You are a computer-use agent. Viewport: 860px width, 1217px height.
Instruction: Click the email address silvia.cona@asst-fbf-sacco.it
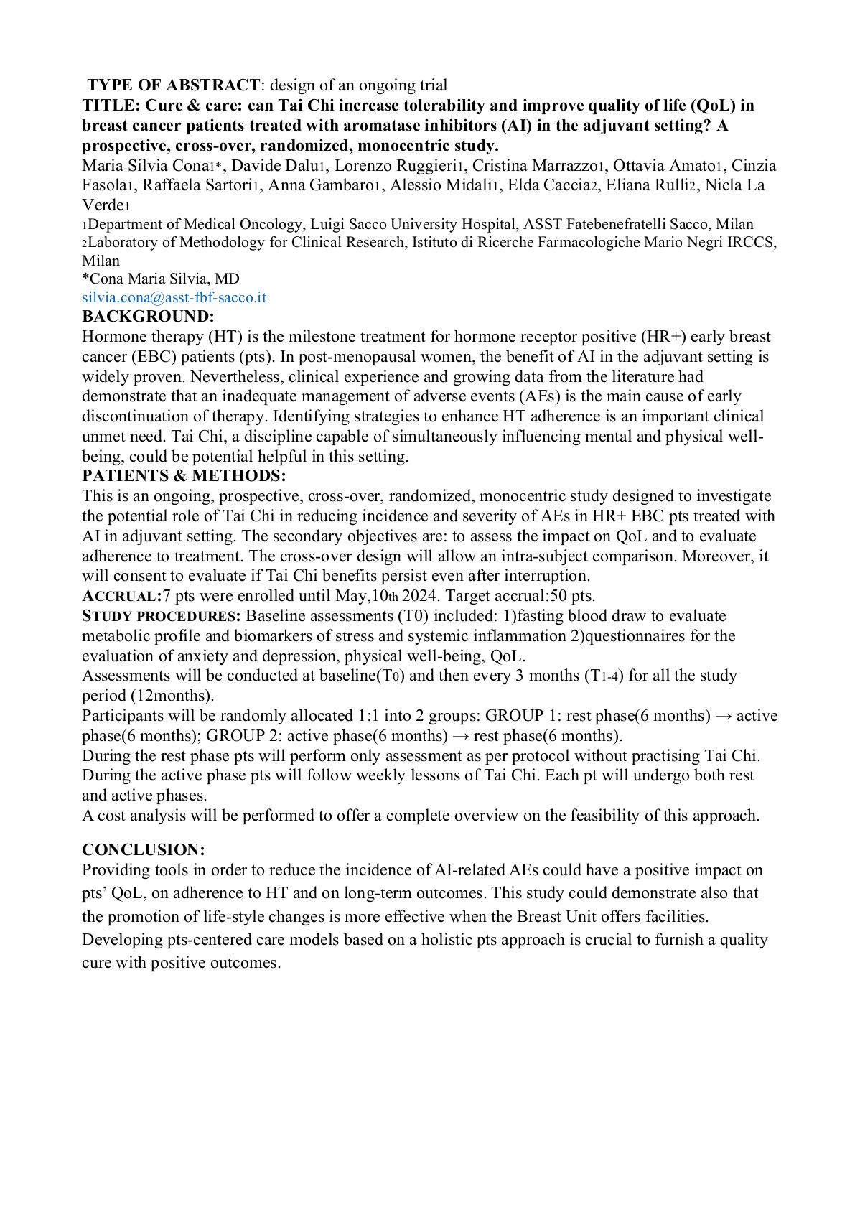pos(174,297)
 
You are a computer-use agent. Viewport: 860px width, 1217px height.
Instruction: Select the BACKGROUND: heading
pos(148,317)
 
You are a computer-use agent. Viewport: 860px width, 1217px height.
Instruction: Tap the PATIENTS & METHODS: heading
pos(184,476)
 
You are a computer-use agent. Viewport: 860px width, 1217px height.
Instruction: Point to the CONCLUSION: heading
pos(144,850)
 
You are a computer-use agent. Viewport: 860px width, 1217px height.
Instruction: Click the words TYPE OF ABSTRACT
pos(174,85)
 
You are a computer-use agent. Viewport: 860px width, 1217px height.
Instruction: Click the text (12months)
pos(172,696)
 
